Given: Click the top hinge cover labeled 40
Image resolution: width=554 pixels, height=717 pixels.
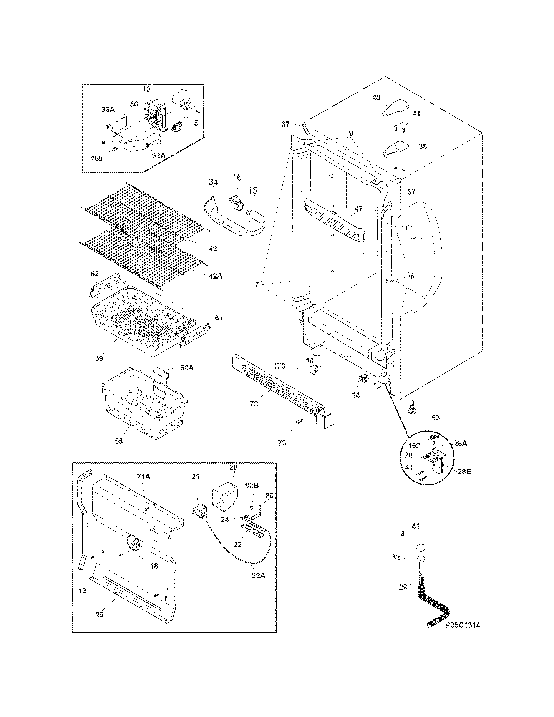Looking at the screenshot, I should point(396,107).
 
